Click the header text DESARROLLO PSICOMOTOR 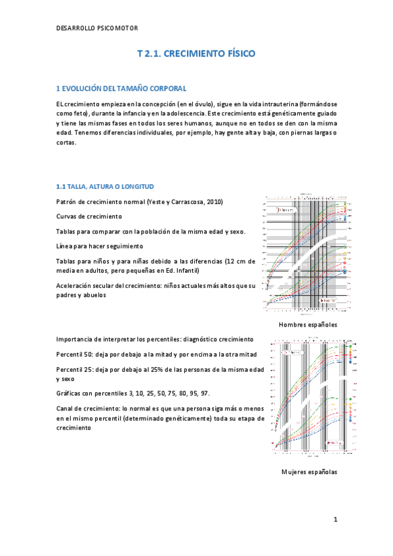click(x=97, y=28)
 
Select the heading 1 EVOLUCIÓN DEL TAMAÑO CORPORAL click(x=121, y=88)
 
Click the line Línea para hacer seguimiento click(x=99, y=246)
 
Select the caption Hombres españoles click(x=308, y=325)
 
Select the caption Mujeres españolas click(x=309, y=471)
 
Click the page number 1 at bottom click(x=335, y=520)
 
